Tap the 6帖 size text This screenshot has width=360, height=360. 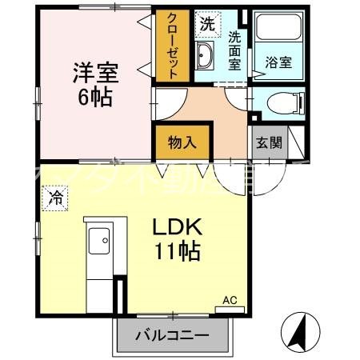point(95,99)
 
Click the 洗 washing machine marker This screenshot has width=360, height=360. point(207,24)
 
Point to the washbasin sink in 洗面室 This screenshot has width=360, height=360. point(205,56)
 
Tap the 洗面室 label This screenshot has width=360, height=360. point(234,50)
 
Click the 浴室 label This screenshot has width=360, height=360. point(278,61)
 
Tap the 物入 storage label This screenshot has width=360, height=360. point(182,143)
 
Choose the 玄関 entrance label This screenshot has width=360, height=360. point(268,143)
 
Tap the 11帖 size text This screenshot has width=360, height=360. point(178,254)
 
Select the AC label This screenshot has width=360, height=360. point(230,300)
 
